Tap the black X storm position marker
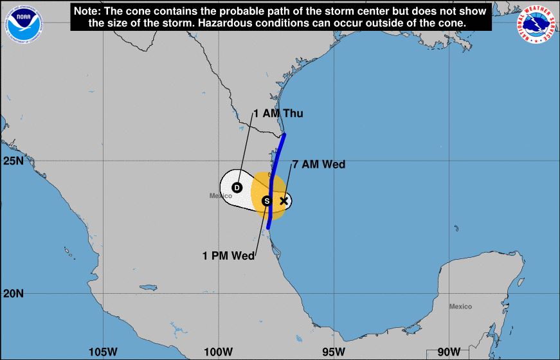pyautogui.click(x=284, y=201)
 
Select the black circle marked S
pyautogui.click(x=267, y=201)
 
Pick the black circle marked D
pyautogui.click(x=237, y=188)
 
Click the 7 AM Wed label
pyautogui.click(x=319, y=165)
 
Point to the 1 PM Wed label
pyautogui.click(x=228, y=255)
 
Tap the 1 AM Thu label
pyautogui.click(x=278, y=114)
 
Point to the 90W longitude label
pyautogui.click(x=448, y=352)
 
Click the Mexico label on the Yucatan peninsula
pyautogui.click(x=460, y=307)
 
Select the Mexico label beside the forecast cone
pyautogui.click(x=220, y=195)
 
